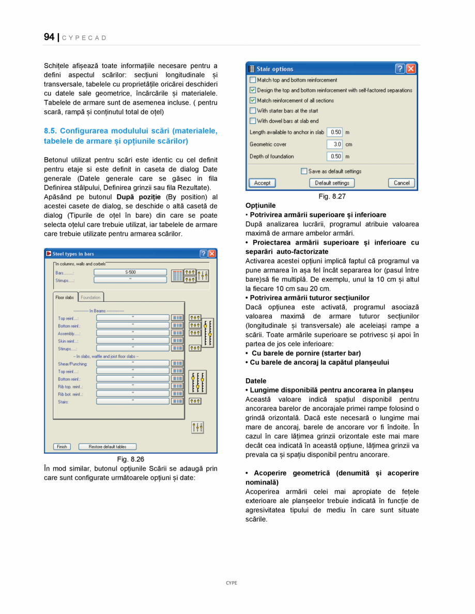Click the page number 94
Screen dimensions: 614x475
click(49, 37)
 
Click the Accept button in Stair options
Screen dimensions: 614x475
click(262, 183)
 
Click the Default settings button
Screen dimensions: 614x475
click(332, 183)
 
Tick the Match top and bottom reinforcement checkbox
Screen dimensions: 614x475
click(253, 80)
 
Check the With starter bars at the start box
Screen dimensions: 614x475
click(253, 110)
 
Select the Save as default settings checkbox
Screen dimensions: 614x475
click(304, 171)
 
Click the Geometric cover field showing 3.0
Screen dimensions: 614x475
click(334, 144)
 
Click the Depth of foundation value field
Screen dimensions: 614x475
click(334, 156)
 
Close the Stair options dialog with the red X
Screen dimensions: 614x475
click(410, 69)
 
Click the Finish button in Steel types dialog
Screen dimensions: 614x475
click(62, 446)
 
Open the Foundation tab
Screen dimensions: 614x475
click(90, 297)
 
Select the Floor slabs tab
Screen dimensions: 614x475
click(65, 297)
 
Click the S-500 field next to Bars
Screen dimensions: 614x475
click(130, 272)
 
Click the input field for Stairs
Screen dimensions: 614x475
click(132, 401)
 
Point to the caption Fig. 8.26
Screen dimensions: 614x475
click(130, 459)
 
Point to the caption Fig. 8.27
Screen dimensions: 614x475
click(332, 197)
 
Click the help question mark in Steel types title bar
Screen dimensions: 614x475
click(203, 253)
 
